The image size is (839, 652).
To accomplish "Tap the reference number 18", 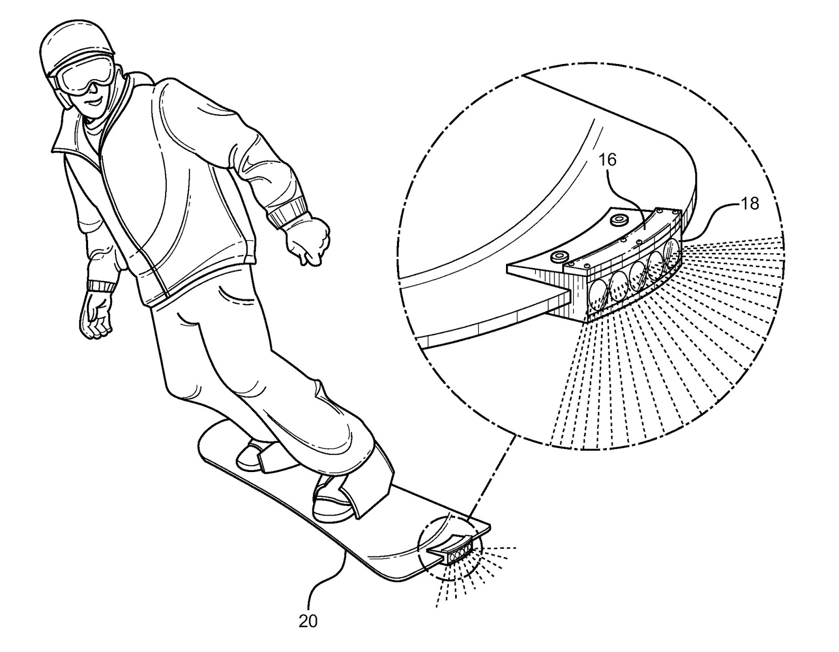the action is [750, 204].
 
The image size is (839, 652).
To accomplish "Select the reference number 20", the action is [308, 621].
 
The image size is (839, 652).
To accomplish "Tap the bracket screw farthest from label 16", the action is [559, 257].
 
